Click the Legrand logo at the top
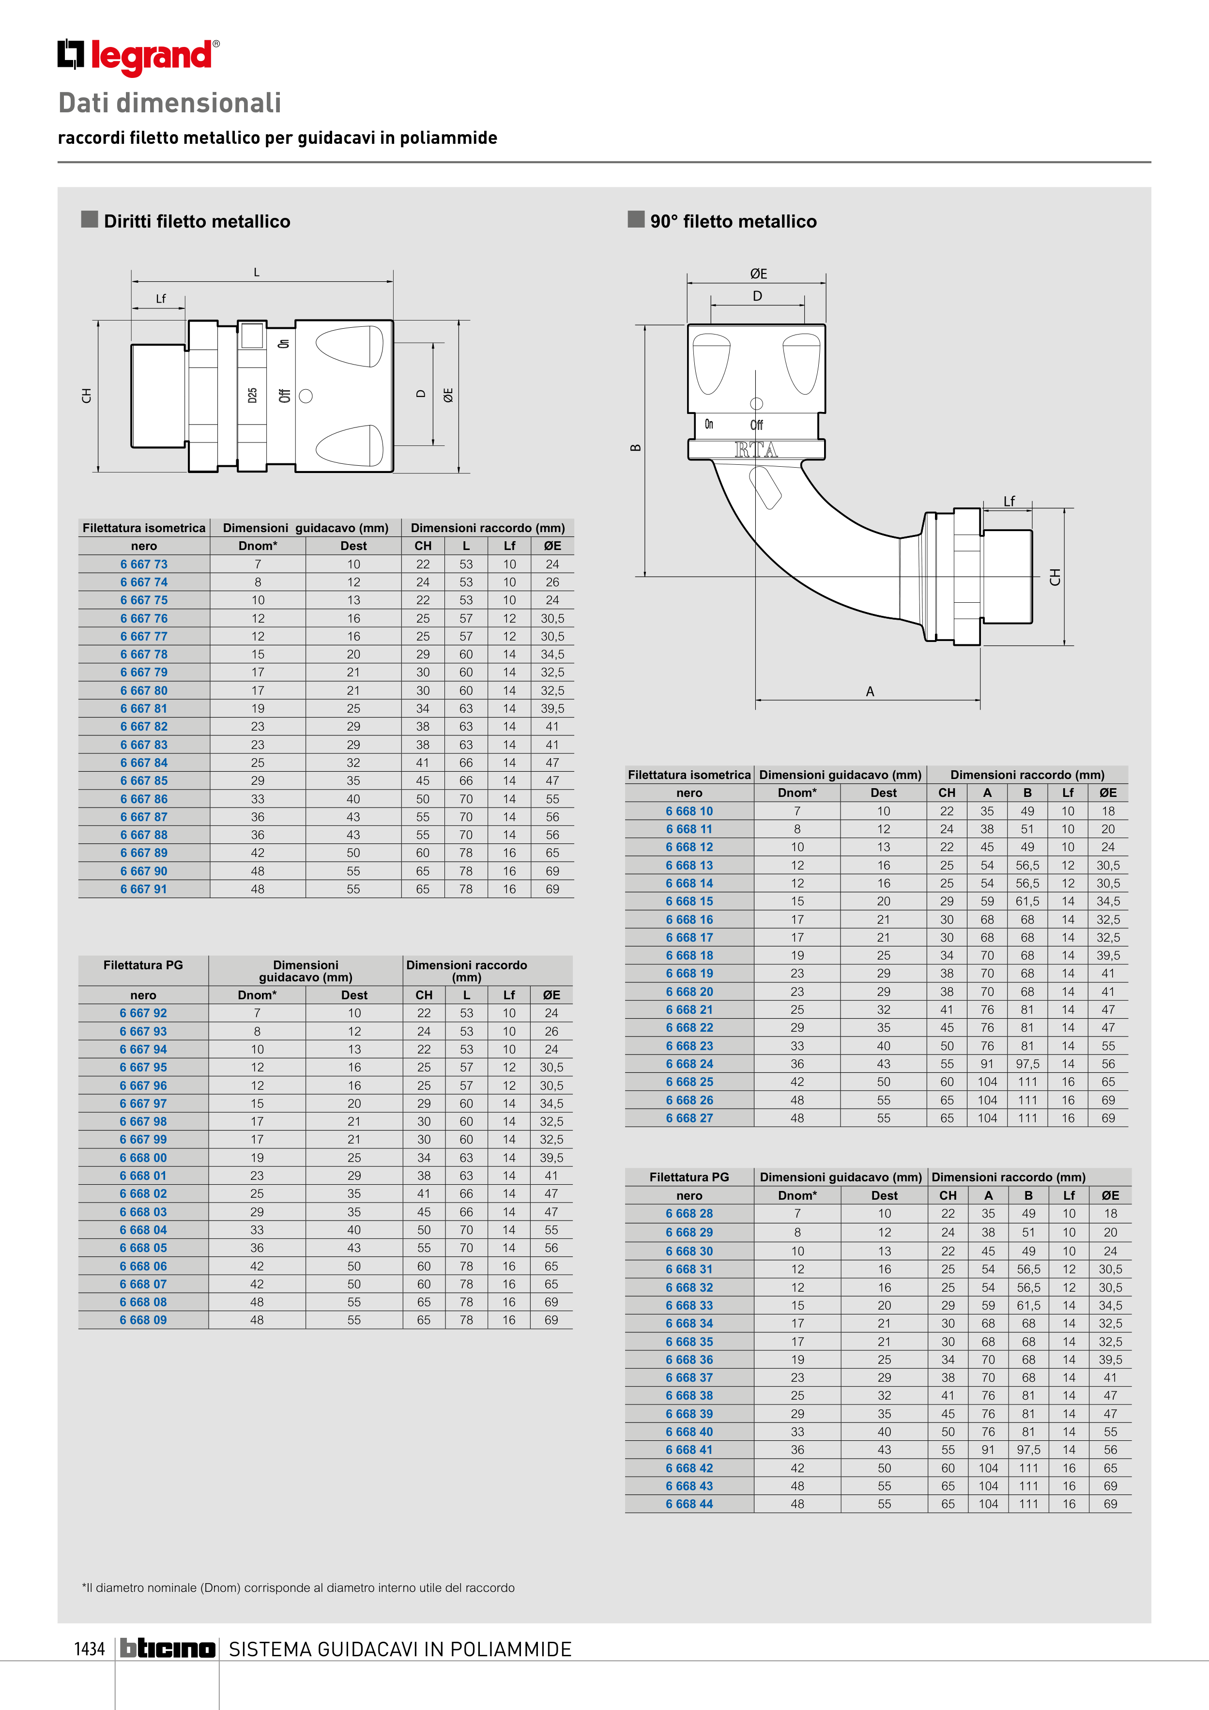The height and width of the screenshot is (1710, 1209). (x=138, y=57)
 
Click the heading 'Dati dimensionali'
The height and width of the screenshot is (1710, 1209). (x=170, y=103)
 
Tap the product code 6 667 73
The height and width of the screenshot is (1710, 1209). (x=144, y=565)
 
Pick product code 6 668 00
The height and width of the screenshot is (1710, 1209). (x=143, y=1158)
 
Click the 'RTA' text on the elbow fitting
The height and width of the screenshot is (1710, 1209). (x=756, y=450)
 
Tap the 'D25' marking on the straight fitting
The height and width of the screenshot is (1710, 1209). (x=253, y=396)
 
